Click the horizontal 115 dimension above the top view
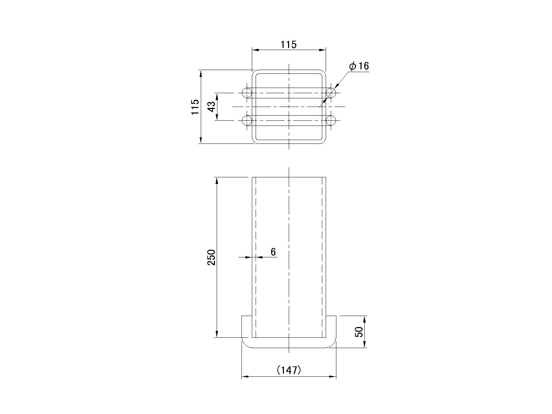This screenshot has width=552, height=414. (x=288, y=45)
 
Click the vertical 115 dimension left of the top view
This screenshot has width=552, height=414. (x=195, y=107)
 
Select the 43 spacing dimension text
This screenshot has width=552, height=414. (x=212, y=107)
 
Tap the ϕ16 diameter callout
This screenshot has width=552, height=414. (x=359, y=66)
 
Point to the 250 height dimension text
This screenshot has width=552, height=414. (x=211, y=257)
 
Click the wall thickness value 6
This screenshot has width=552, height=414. (x=273, y=252)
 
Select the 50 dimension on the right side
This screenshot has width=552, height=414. (x=359, y=332)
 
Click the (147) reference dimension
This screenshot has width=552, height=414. (x=289, y=370)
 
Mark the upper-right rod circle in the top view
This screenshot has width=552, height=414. (x=331, y=93)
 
